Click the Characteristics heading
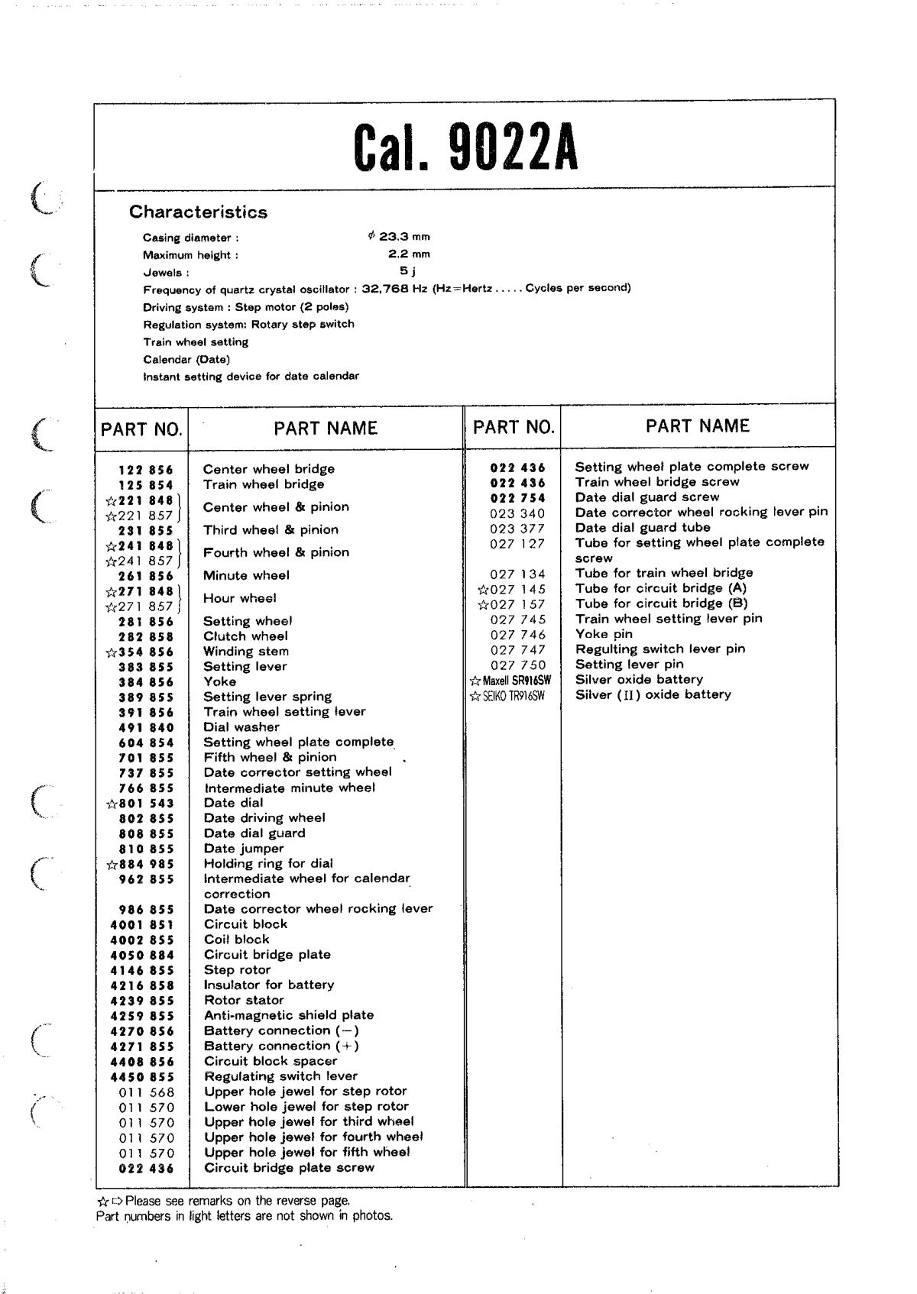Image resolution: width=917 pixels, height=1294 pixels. [198, 212]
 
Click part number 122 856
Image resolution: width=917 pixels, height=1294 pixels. [145, 470]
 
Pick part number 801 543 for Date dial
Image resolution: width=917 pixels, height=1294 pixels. [145, 804]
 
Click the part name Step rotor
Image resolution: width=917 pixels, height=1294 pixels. [237, 970]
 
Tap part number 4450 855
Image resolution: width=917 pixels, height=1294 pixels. [142, 1077]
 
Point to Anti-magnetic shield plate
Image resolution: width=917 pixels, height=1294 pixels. [288, 1015]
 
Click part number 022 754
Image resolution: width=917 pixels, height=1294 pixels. [517, 498]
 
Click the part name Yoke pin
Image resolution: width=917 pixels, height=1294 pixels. [604, 634]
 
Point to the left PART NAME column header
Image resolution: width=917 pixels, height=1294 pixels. [326, 429]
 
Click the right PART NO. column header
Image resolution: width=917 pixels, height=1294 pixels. [514, 427]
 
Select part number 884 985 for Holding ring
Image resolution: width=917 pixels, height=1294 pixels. [145, 865]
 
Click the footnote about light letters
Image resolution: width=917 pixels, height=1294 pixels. [245, 1215]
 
